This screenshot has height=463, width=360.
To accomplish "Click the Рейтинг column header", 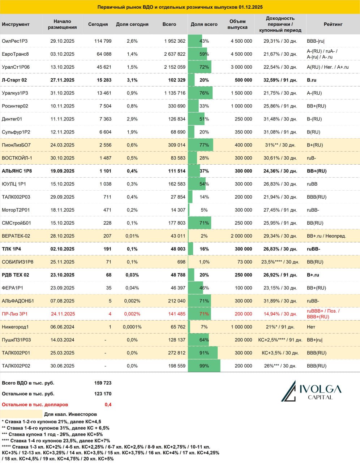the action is (x=333, y=24).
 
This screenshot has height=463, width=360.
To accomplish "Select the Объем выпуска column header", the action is (x=237, y=24).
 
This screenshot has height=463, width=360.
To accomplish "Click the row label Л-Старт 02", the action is (x=14, y=80).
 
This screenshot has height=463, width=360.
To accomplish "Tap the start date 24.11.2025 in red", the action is (x=63, y=314).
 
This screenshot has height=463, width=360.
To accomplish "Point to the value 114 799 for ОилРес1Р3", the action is (x=103, y=41).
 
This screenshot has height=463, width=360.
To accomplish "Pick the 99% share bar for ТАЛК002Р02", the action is (x=204, y=366).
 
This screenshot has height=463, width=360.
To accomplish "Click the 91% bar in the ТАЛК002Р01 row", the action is (x=203, y=353).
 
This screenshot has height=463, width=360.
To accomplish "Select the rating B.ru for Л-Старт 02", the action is (x=312, y=80).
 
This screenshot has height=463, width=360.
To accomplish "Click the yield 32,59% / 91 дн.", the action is (x=280, y=80).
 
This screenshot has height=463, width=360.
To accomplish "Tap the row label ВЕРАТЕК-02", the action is (x=16, y=236).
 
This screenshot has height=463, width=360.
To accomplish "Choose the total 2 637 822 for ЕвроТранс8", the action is (x=175, y=54).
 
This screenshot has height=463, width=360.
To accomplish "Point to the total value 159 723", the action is (x=103, y=383).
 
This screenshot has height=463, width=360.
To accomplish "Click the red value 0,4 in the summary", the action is (x=108, y=404).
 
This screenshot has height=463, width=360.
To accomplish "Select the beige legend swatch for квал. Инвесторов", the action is (x=21, y=414).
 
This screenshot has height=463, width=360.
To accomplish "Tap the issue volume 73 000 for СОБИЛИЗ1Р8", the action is (x=245, y=262).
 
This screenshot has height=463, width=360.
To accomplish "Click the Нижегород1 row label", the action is (x=15, y=327).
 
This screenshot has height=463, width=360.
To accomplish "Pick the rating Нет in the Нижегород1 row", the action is (x=311, y=327).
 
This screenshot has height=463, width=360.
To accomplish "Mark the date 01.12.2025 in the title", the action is (x=250, y=7).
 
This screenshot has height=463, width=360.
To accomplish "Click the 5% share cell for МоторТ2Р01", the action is (x=204, y=210).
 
